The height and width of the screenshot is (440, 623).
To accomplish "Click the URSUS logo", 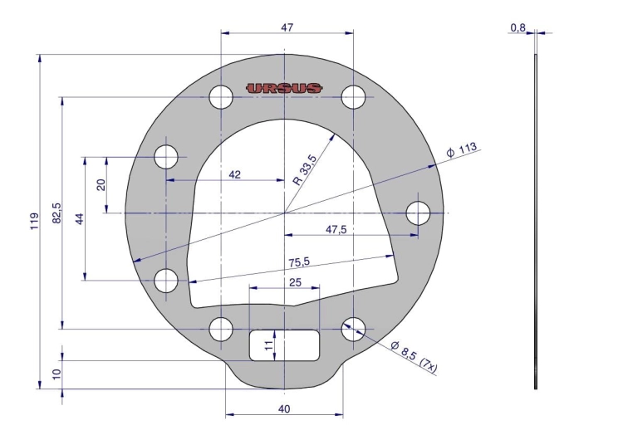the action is click(x=284, y=88).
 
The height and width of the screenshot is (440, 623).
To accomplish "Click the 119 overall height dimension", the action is click(x=35, y=221).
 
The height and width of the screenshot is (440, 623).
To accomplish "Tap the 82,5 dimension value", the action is click(x=57, y=213).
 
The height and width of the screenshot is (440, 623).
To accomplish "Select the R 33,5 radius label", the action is click(x=305, y=170).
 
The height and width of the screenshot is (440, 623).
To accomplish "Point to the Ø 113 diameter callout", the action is click(x=461, y=150).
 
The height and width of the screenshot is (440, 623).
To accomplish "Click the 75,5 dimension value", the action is click(x=299, y=262).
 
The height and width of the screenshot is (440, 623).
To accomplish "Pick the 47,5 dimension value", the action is click(x=336, y=229).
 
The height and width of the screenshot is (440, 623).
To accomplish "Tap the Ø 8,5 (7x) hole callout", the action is click(x=414, y=357).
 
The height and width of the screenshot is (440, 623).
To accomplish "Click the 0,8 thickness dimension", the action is click(x=518, y=27).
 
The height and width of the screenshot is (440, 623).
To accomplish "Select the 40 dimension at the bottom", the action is click(x=284, y=408).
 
